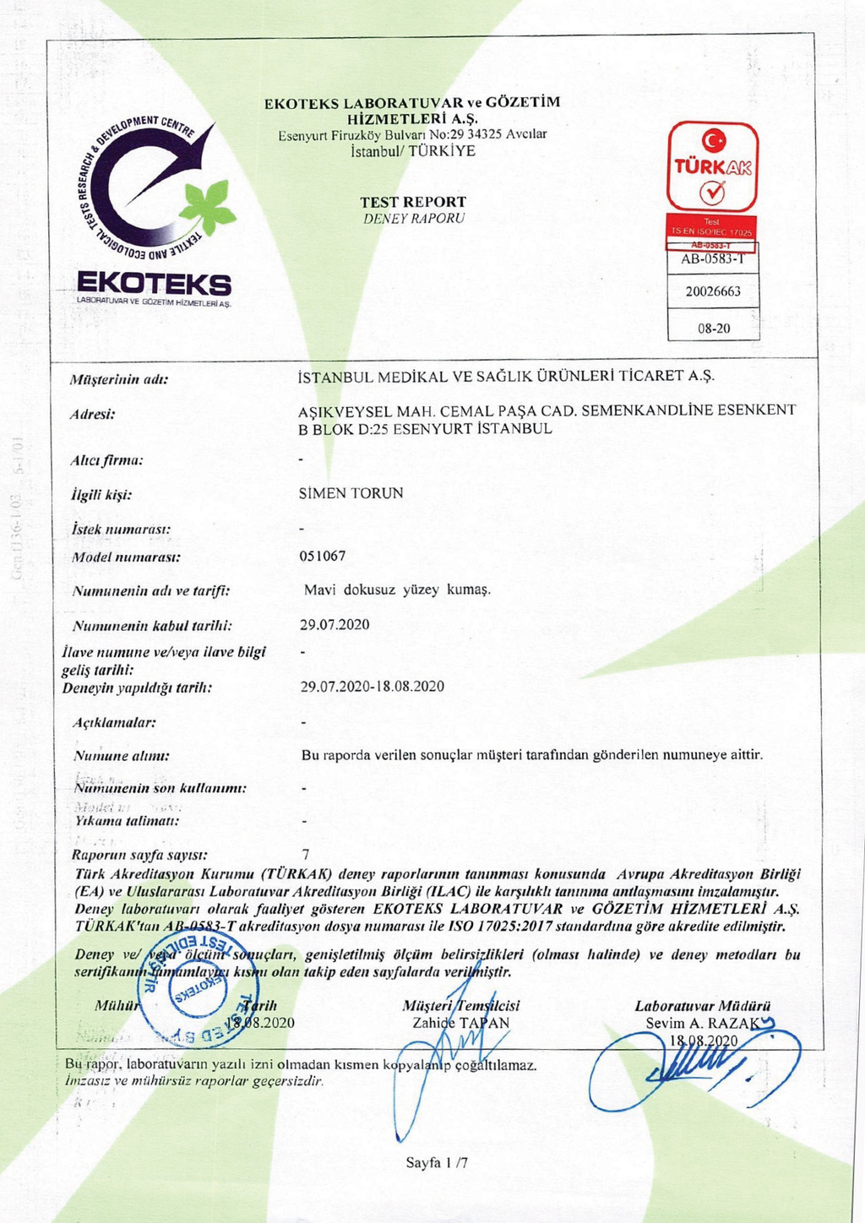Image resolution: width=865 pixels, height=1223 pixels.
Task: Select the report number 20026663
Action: point(713,291)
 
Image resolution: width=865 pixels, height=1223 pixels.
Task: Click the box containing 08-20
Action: point(714,328)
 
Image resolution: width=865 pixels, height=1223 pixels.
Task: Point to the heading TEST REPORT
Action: point(413,202)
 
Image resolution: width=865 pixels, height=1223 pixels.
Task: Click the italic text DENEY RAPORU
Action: point(414,219)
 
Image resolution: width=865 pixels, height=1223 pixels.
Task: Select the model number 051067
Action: point(323,556)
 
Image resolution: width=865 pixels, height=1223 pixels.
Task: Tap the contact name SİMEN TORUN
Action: point(351,492)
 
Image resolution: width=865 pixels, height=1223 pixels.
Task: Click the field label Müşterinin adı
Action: point(119,379)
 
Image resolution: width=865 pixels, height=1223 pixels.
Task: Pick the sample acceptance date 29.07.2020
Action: point(335,625)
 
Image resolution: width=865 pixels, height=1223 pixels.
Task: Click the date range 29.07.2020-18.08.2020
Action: point(373,687)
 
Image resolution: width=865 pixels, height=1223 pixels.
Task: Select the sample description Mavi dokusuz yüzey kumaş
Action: point(397,590)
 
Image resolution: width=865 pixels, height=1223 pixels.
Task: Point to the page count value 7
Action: point(306,855)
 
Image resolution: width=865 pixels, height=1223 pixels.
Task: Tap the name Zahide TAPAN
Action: point(460,1022)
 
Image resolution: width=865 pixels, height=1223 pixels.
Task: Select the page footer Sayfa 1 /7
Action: point(437,1163)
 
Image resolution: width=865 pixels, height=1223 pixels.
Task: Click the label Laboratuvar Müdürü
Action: point(702,1006)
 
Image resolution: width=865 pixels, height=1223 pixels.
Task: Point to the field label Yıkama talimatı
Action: point(127,821)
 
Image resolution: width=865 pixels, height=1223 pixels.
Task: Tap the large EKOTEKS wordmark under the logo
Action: point(153,284)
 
